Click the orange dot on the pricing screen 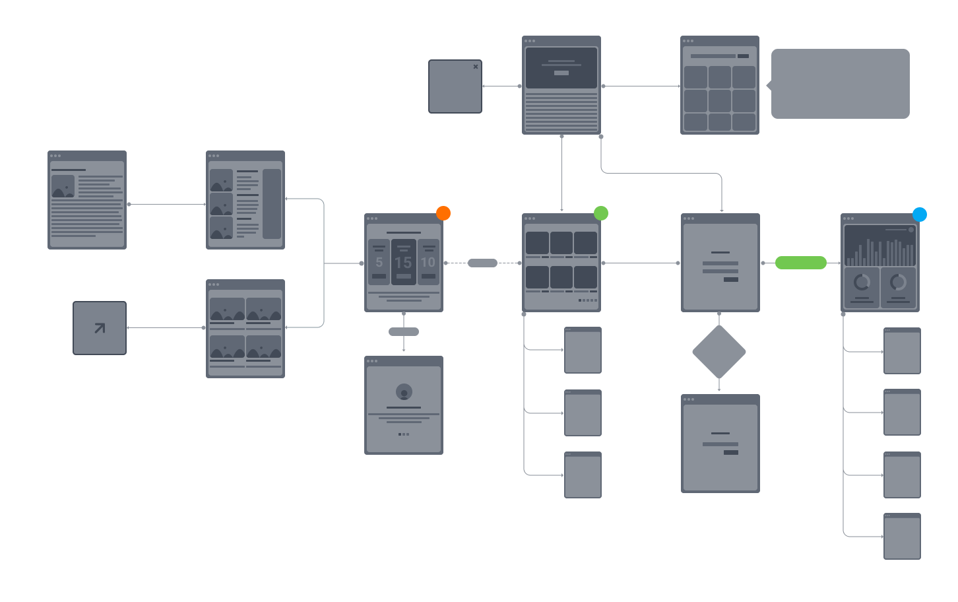(x=443, y=213)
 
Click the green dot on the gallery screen (x=601, y=213)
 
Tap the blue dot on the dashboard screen (x=920, y=215)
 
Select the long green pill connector (x=801, y=263)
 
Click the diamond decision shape (x=719, y=352)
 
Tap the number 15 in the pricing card (x=403, y=263)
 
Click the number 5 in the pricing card (x=379, y=262)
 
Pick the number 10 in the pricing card (x=428, y=262)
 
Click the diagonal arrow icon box (x=100, y=328)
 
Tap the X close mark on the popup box (x=476, y=67)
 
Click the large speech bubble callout (x=841, y=84)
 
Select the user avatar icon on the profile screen (x=404, y=392)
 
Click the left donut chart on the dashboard (x=862, y=283)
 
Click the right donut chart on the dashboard (x=898, y=283)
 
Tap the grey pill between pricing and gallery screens (x=482, y=263)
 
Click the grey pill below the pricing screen (x=404, y=331)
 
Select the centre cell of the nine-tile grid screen (x=720, y=101)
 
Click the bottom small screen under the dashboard (x=902, y=537)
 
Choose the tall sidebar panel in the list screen (x=272, y=204)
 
